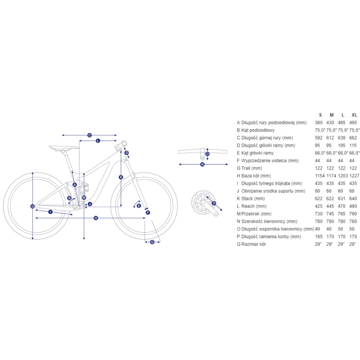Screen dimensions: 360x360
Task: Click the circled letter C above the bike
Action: (89, 135)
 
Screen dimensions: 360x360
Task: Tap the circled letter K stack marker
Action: (121, 177)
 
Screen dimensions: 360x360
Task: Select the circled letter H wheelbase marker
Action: (96, 218)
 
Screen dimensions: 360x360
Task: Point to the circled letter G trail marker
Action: (152, 242)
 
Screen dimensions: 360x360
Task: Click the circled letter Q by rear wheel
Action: (33, 206)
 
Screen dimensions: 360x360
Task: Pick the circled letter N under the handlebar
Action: (202, 164)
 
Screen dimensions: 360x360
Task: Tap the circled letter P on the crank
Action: (214, 203)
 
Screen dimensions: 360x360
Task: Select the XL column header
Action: (354, 115)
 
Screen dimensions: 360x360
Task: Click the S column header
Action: (320, 115)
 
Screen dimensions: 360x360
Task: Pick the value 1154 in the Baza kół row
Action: (320, 176)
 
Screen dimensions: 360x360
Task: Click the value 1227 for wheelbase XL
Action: (354, 176)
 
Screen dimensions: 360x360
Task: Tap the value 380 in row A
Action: (318, 122)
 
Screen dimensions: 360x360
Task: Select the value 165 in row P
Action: (318, 236)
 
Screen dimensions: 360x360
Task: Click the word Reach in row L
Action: (248, 206)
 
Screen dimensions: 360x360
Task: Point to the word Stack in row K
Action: (247, 199)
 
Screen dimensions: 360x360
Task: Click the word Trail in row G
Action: (246, 168)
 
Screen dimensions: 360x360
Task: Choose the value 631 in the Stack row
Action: (341, 199)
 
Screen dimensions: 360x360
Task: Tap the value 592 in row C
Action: (318, 138)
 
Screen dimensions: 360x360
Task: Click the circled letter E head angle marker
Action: (138, 206)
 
